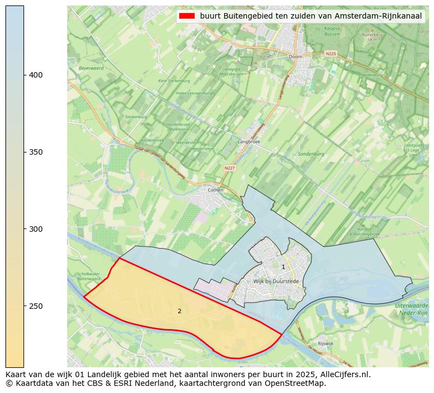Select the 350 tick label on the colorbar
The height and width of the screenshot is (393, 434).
click(x=36, y=152)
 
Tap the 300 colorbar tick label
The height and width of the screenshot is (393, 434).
click(x=36, y=229)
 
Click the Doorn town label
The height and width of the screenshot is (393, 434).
click(x=295, y=56)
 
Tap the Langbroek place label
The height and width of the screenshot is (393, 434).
click(x=249, y=141)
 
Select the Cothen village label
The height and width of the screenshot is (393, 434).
click(x=216, y=190)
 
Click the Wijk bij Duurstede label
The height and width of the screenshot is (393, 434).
click(x=276, y=281)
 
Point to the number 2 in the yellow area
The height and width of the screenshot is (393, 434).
click(x=179, y=311)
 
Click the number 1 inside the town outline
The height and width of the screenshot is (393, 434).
click(x=283, y=267)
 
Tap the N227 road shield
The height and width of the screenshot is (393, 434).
click(x=230, y=168)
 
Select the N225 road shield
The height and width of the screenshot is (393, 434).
click(x=331, y=54)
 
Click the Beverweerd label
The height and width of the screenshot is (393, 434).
click(x=91, y=68)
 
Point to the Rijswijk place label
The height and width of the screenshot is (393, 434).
click(x=325, y=343)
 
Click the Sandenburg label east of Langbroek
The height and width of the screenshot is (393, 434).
click(x=311, y=154)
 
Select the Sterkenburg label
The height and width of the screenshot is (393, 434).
click(x=133, y=116)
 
